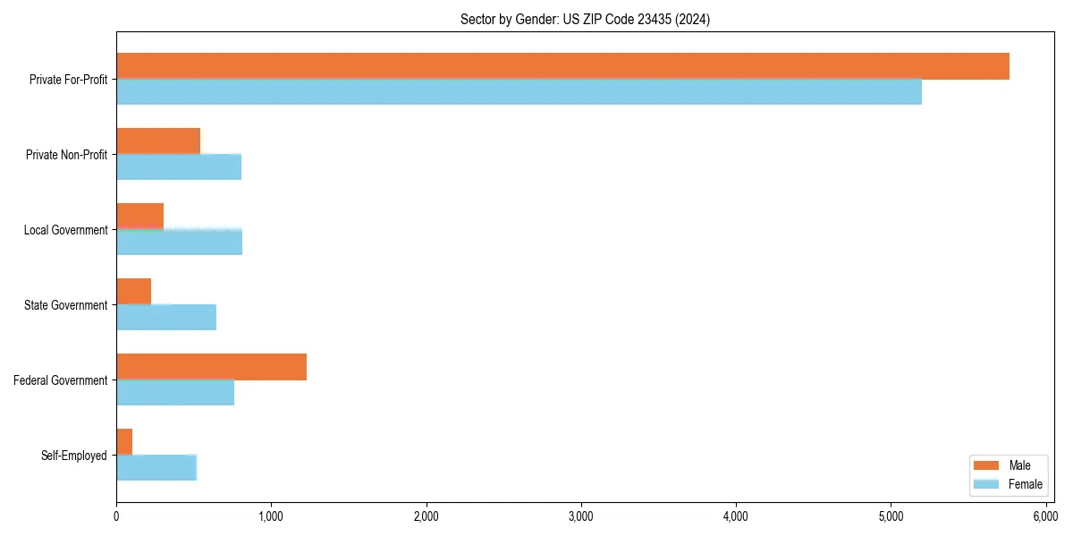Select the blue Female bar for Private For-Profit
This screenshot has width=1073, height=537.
[x=519, y=91]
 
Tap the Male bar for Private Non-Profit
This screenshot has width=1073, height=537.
[x=158, y=141]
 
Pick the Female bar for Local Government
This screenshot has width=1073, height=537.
[x=179, y=242]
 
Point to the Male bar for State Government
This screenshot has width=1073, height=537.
[x=133, y=292]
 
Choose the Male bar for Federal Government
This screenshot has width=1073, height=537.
[x=211, y=367]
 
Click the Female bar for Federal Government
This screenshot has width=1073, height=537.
[x=175, y=392]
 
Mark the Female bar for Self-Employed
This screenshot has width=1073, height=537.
[x=156, y=467]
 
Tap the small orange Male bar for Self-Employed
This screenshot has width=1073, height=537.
[x=124, y=442]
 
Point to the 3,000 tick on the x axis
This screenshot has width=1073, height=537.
[x=581, y=516]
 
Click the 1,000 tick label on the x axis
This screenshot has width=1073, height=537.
[x=271, y=516]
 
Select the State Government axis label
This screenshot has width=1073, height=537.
[x=65, y=305]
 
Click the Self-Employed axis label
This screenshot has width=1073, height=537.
[x=73, y=456]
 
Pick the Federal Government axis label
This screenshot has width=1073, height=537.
[x=61, y=380]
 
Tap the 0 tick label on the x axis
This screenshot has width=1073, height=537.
[x=116, y=516]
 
